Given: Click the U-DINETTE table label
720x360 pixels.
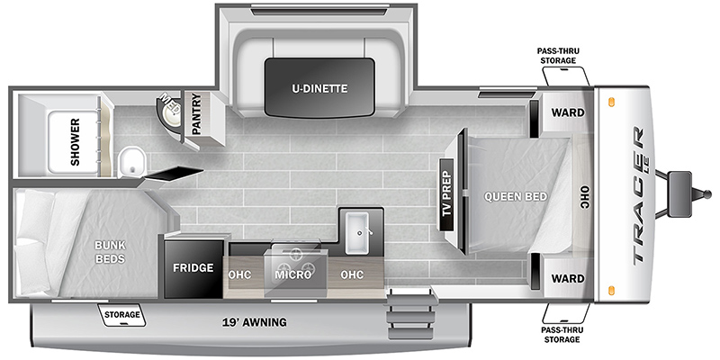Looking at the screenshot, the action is click(x=319, y=88).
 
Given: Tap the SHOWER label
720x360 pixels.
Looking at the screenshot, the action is click(x=75, y=142).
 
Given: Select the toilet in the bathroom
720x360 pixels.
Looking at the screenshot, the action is click(x=131, y=162).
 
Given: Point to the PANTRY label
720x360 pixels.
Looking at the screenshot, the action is click(x=196, y=114).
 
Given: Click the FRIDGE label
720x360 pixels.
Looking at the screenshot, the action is click(x=193, y=267).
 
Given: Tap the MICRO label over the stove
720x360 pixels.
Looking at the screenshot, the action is click(x=293, y=274).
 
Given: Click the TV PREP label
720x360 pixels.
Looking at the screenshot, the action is click(x=446, y=194).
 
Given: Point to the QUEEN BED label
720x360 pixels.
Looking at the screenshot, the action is click(x=516, y=196).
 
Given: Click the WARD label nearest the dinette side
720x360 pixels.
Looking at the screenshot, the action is click(x=568, y=112).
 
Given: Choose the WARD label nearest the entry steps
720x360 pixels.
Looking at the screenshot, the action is click(x=568, y=278).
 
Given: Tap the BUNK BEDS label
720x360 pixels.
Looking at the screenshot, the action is click(x=110, y=252).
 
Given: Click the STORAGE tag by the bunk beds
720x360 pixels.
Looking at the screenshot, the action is click(x=121, y=314).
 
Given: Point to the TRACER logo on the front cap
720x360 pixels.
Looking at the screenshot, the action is click(x=638, y=195).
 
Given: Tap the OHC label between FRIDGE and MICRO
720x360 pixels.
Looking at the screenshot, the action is click(x=239, y=274).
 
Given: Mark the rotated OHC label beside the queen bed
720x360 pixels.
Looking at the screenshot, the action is click(x=584, y=198).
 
